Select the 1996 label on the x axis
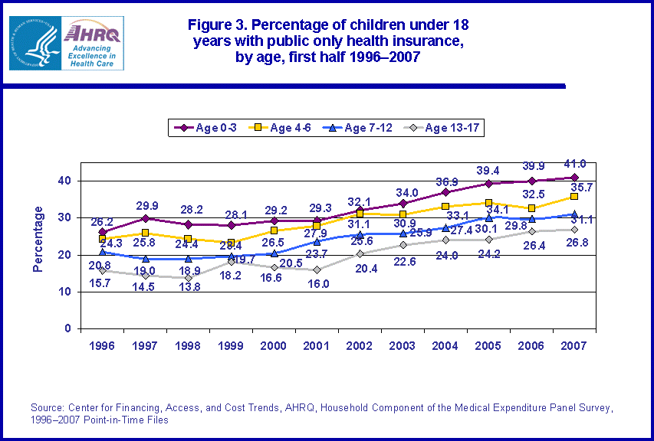point(102,346)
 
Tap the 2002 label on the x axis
point(359,346)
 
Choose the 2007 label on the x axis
point(573,346)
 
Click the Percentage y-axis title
point(38,239)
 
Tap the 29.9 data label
point(146,207)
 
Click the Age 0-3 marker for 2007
point(573,178)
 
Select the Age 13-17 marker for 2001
point(316,269)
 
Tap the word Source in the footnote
point(48,407)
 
